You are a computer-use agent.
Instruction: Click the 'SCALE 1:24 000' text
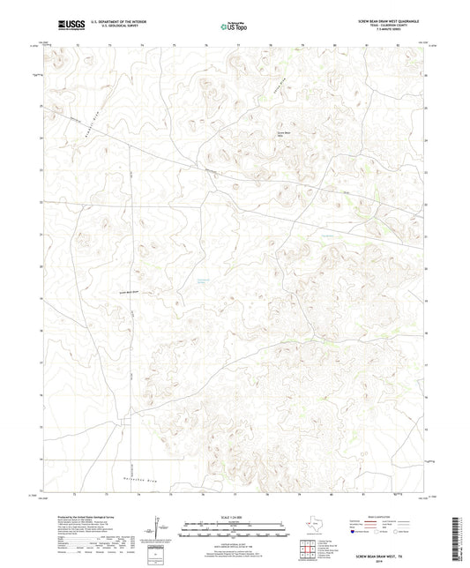(x=234, y=516)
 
